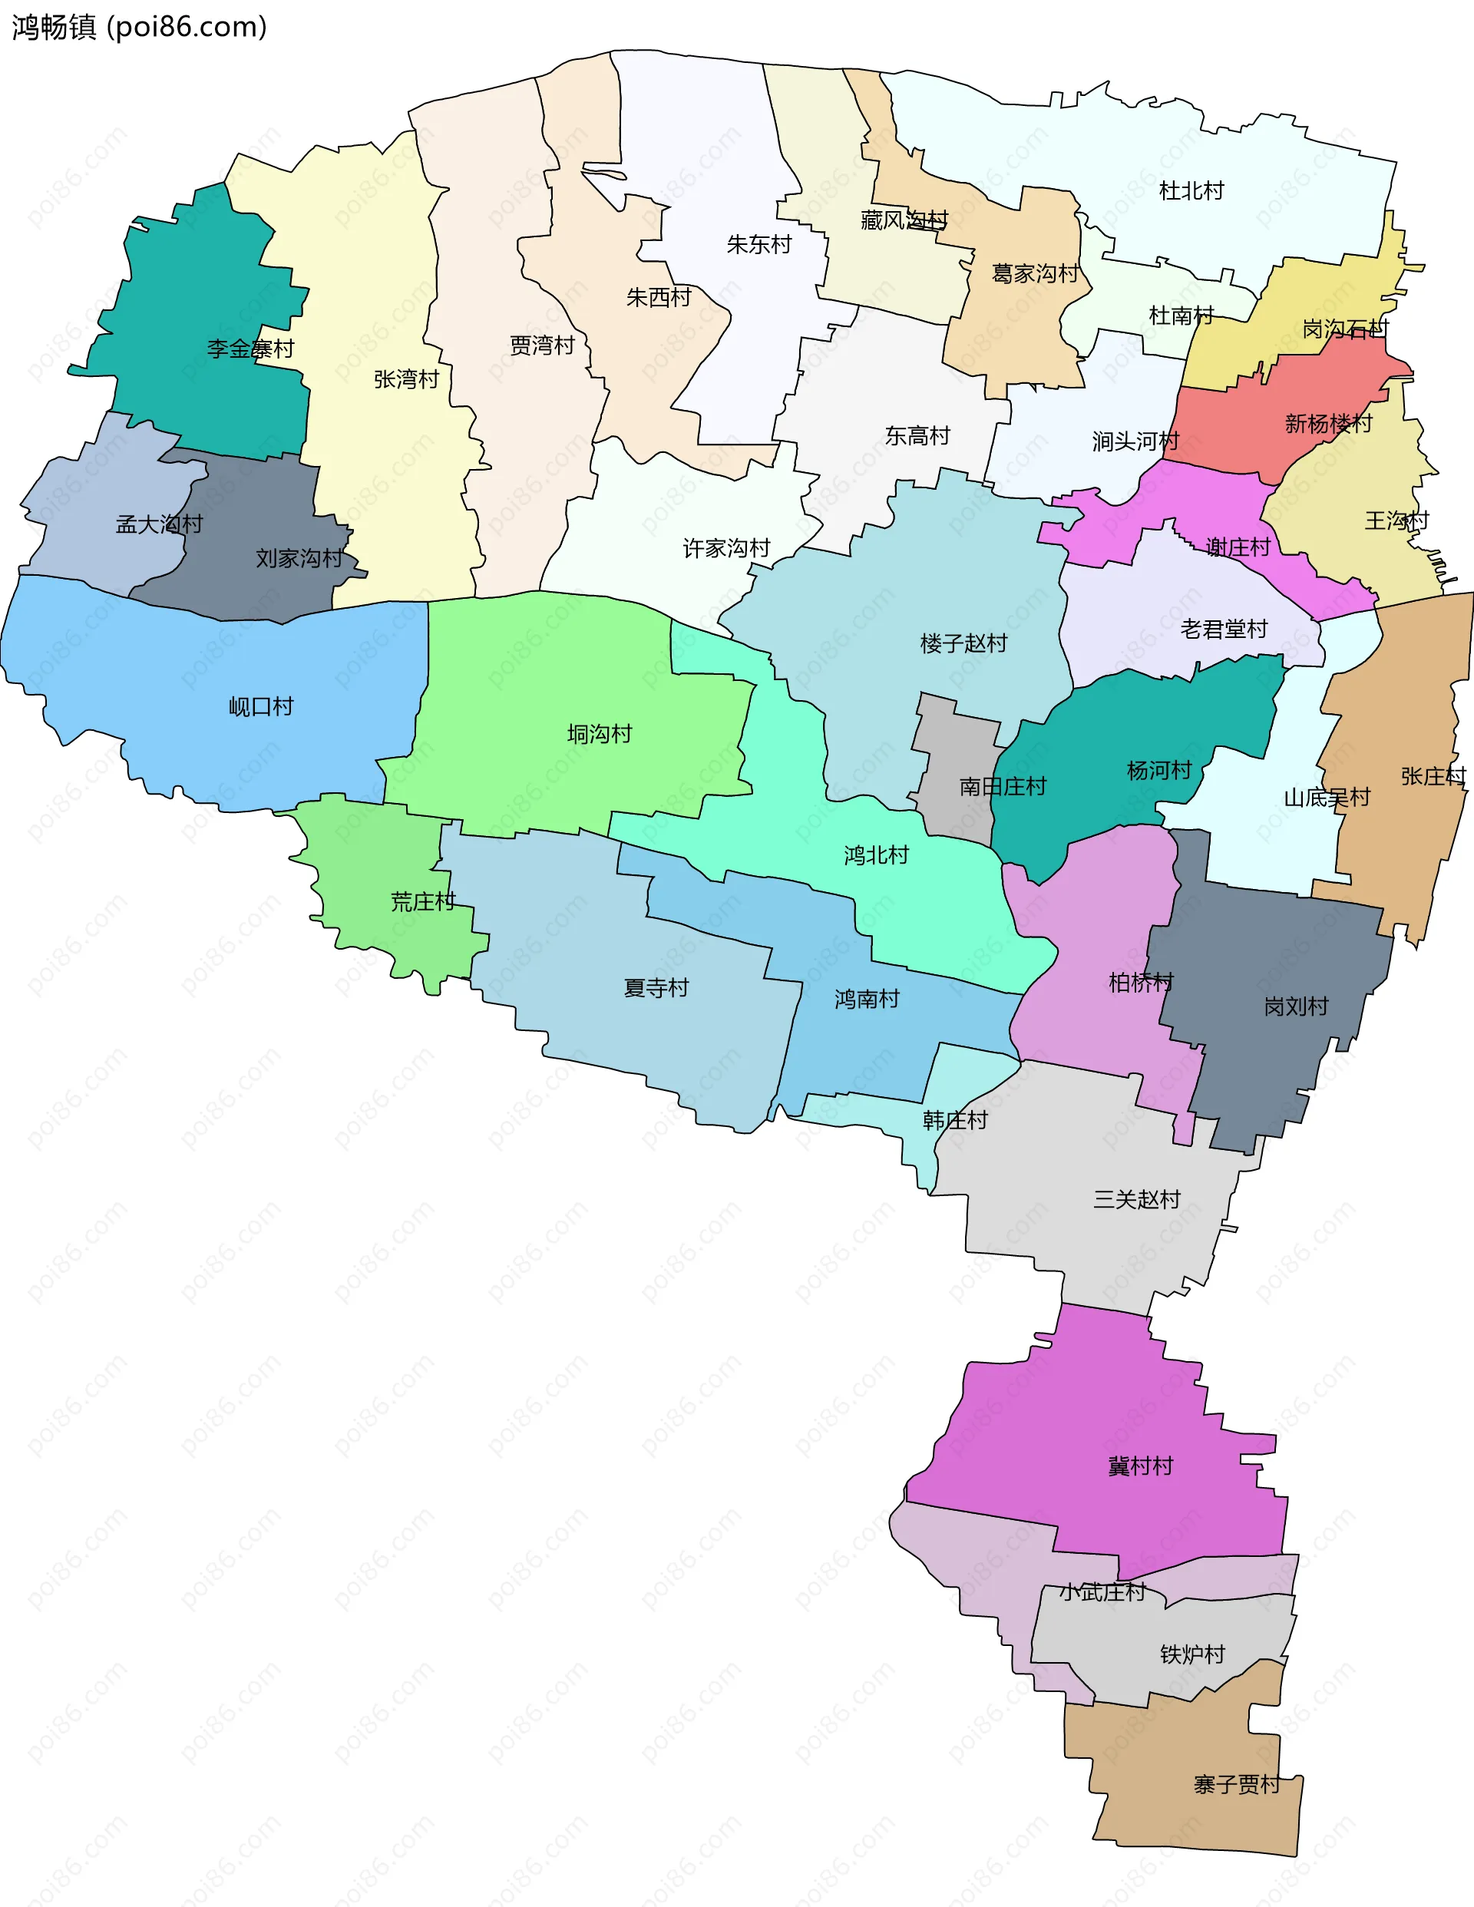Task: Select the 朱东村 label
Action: (758, 244)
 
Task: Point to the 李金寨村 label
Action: (250, 349)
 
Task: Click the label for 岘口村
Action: (261, 706)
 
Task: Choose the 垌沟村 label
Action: (599, 733)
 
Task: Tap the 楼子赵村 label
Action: (963, 643)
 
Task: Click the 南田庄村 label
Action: (1003, 787)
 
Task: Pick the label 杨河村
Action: (1158, 770)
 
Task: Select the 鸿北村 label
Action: (876, 854)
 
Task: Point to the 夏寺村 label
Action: (656, 987)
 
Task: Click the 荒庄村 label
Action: (423, 901)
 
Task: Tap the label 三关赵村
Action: (1136, 1199)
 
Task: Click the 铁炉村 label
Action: (1192, 1654)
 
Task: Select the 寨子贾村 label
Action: (1237, 1784)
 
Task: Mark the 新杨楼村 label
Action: (1328, 424)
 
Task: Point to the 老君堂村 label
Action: (1224, 629)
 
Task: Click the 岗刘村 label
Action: (1296, 1006)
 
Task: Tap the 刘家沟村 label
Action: (299, 558)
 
